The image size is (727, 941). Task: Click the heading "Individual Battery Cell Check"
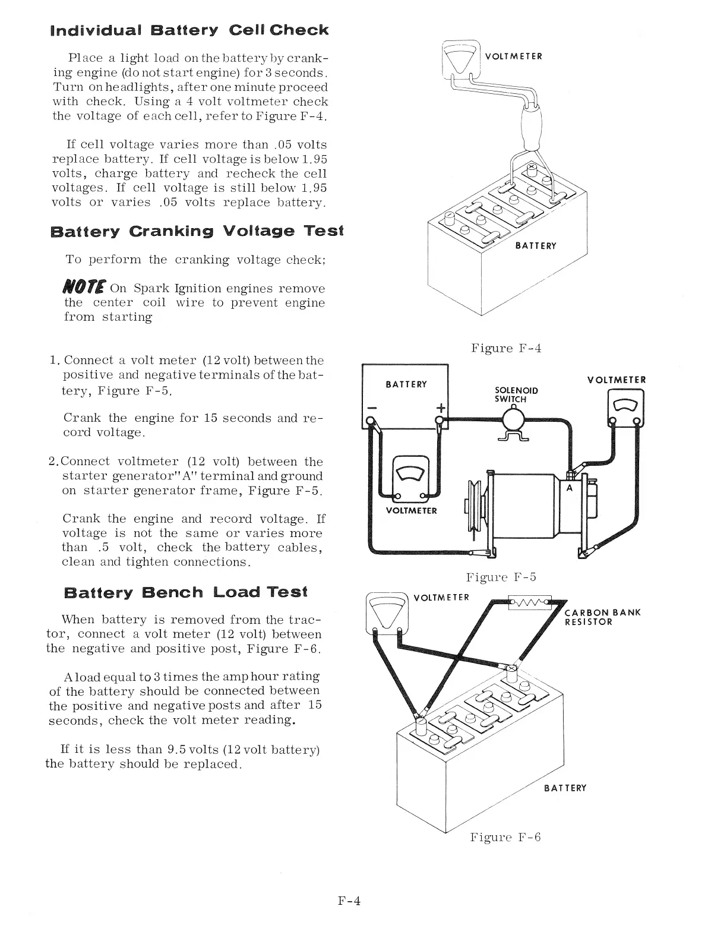tap(189, 30)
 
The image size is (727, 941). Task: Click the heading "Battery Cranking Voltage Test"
tap(197, 231)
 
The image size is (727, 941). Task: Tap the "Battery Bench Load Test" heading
tap(185, 592)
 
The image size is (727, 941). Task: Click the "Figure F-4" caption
tap(506, 348)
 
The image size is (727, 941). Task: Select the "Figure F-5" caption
tap(501, 577)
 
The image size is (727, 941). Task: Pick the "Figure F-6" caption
tap(505, 838)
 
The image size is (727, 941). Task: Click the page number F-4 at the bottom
tap(349, 901)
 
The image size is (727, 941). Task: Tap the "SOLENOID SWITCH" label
tap(516, 394)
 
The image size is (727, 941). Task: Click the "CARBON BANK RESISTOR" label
tap(602, 617)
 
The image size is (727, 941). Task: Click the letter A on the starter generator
tap(569, 488)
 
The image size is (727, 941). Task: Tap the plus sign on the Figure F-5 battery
tap(441, 408)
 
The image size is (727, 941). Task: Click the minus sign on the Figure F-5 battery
tap(371, 408)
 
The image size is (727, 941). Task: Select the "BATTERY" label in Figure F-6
tap(565, 788)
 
